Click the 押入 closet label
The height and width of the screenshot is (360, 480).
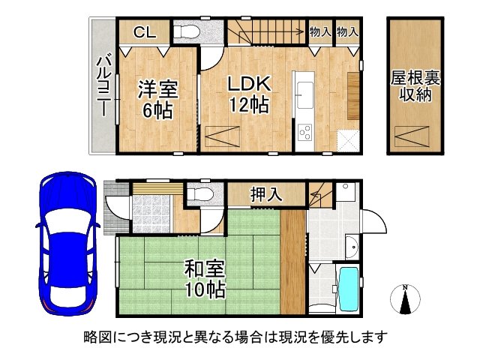266,195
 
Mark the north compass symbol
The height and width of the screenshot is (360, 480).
404,300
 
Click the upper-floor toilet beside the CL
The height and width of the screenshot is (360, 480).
185,33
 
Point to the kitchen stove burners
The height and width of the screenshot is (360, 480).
306,133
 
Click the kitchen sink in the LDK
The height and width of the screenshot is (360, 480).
305,94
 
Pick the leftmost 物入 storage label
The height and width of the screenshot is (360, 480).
321,32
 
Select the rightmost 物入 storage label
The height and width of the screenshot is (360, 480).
347,32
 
